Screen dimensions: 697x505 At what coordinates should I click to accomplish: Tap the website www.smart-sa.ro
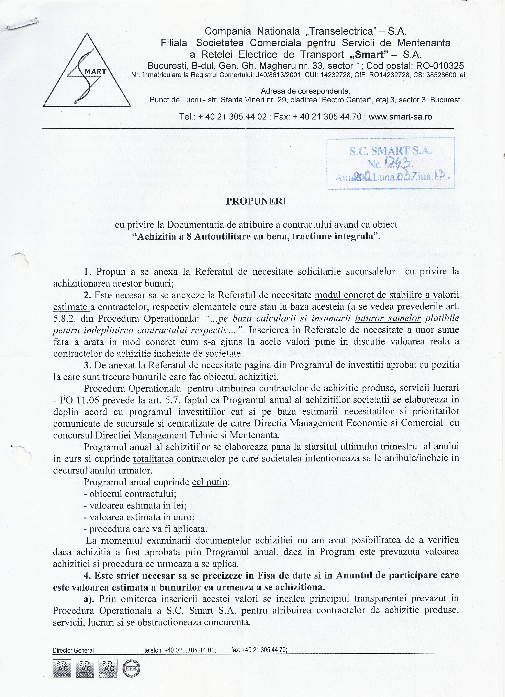(400, 117)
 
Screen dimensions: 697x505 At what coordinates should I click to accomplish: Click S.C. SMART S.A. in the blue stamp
(390, 151)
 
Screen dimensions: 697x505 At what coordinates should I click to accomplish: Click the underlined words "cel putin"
(209, 482)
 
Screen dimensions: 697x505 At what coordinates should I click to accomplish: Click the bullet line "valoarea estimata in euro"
(139, 517)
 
